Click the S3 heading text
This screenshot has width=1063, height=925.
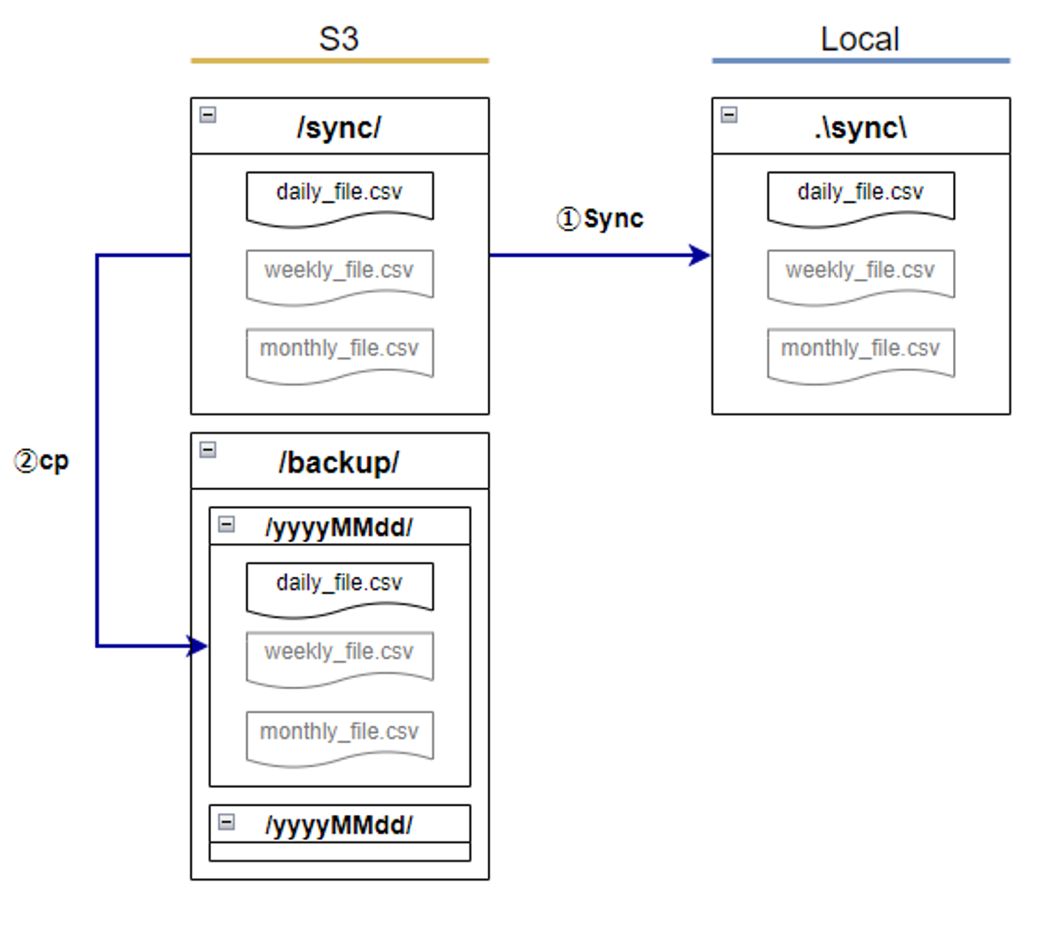pos(338,39)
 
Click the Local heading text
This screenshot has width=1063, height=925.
pos(860,39)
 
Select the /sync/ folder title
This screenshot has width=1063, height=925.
pos(338,128)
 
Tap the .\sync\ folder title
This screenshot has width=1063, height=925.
pos(860,128)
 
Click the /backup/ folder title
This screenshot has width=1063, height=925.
pos(338,463)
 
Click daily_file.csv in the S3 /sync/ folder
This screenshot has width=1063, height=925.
pos(339,193)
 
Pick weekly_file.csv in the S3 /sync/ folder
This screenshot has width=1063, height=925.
pos(339,271)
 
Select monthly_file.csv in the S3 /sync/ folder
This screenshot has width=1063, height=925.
pos(339,349)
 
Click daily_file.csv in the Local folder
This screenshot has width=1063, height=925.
pos(860,193)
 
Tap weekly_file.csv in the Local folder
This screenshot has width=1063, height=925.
pos(860,271)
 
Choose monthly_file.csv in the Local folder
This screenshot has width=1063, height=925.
pos(860,349)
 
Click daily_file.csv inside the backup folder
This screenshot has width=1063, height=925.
pos(339,583)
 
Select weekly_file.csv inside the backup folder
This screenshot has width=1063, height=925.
pos(339,652)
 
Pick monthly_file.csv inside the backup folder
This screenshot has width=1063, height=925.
pos(339,732)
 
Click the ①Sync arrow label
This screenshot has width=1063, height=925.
pos(600,219)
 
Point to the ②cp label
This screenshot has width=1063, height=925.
pos(42,461)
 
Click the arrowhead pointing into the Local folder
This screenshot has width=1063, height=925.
pos(700,255)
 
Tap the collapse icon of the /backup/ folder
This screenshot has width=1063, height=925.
pos(208,450)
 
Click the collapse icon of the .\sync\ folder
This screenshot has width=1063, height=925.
pos(729,114)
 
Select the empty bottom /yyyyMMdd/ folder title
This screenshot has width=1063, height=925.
pos(338,825)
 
